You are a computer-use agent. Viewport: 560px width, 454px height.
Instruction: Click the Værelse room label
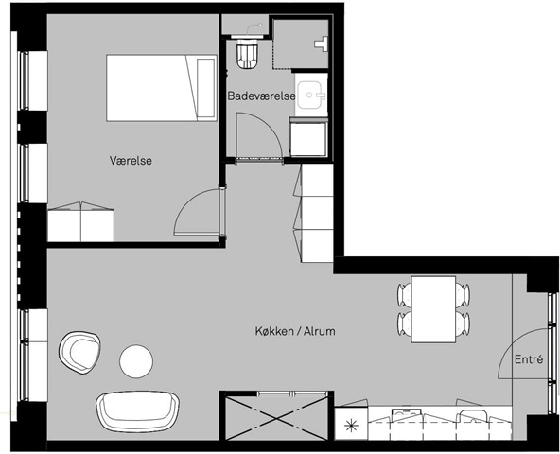131,161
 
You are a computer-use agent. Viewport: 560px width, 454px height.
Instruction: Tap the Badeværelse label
261,96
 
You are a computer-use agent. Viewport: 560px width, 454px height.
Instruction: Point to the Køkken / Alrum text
295,331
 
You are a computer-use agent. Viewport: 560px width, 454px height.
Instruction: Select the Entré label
529,359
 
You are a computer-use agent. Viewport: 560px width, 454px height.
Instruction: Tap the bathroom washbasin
310,95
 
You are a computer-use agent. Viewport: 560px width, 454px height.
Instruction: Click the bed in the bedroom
162,88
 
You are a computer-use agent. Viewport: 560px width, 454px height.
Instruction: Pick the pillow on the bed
206,88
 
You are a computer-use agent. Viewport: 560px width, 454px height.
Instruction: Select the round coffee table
136,360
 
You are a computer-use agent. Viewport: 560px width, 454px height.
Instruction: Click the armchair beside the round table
79,353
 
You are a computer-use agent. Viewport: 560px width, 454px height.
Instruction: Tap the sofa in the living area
137,411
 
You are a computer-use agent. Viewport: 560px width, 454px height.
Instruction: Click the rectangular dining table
433,309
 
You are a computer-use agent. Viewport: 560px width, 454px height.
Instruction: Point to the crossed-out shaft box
276,416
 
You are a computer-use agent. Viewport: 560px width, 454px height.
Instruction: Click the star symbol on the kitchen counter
351,425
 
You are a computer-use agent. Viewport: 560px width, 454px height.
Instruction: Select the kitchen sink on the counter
407,415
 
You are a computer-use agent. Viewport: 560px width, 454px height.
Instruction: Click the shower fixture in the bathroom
322,44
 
